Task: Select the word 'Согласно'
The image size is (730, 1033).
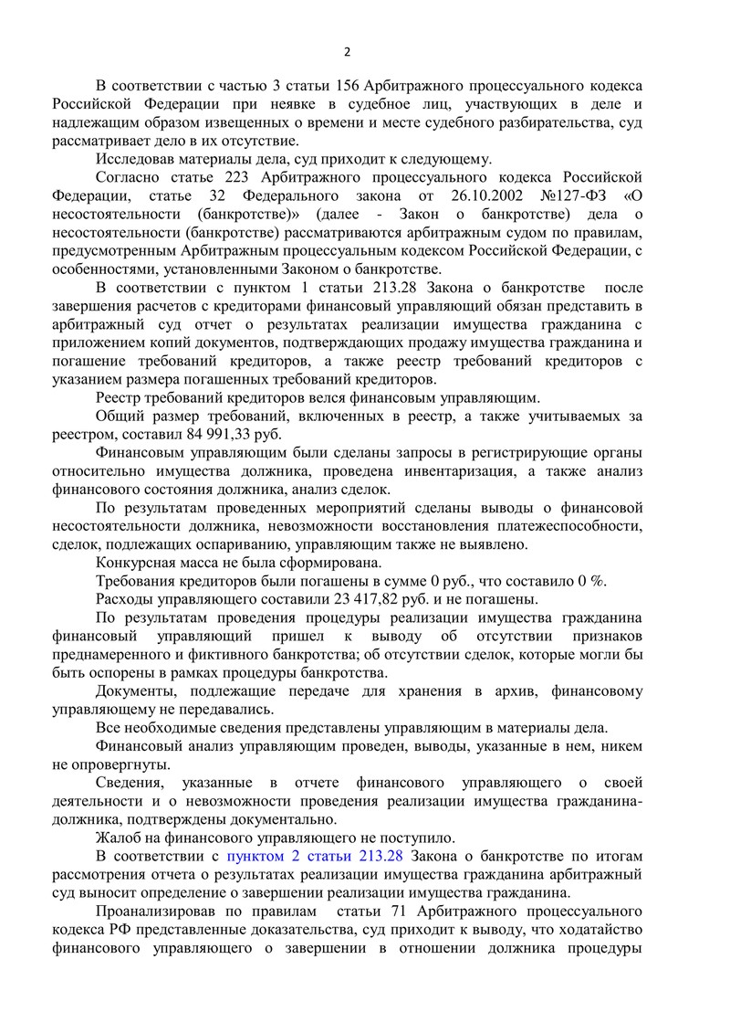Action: [128, 176]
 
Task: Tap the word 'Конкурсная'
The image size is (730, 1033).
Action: [139, 563]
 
